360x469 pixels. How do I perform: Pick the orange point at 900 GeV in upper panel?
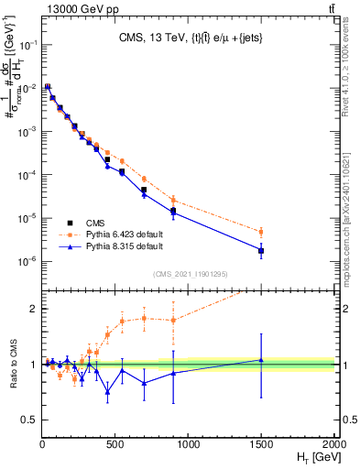(x=173, y=200)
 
